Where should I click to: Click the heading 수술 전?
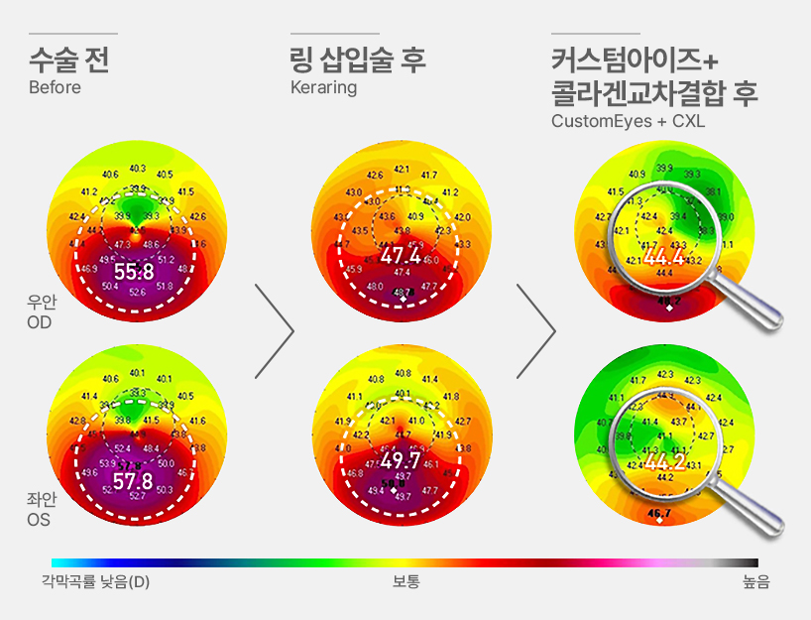(x=68, y=60)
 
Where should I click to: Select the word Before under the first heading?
(x=55, y=87)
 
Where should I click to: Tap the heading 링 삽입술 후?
(x=358, y=60)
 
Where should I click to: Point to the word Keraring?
(x=323, y=87)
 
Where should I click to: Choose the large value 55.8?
(x=135, y=271)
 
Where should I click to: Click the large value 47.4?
(x=402, y=258)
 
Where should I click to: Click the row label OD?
(x=40, y=323)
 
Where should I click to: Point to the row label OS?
(x=40, y=520)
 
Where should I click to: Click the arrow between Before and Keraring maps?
(x=275, y=331)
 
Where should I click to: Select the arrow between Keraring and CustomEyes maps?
(x=536, y=331)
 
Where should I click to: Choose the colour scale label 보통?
(x=405, y=581)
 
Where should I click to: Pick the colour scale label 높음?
(x=755, y=581)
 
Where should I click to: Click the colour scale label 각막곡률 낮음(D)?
(x=96, y=581)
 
